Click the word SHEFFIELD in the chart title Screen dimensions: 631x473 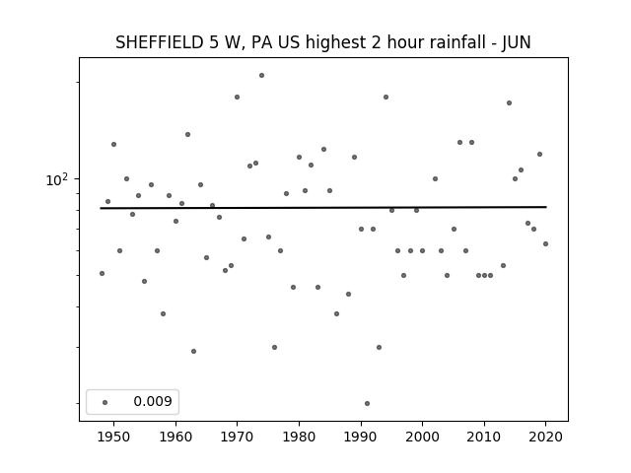coord(160,42)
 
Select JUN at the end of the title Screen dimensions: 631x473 coord(517,42)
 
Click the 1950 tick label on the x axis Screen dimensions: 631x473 coord(114,437)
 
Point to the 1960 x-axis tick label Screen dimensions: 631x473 coord(175,437)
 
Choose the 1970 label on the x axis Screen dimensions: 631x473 coord(237,437)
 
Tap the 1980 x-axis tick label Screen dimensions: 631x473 coord(299,437)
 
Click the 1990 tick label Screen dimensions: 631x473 coord(361,437)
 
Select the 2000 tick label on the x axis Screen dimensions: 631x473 coord(422,437)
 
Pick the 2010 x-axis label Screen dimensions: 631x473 coord(484,437)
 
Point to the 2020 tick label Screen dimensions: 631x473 coord(545,437)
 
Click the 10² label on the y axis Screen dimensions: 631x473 coord(57,179)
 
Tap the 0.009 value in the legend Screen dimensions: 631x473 coord(153,401)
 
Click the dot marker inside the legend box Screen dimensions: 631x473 coord(105,402)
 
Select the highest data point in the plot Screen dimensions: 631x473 coord(261,75)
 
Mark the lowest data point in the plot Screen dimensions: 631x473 coord(367,403)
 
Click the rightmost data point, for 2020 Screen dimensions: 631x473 coord(545,243)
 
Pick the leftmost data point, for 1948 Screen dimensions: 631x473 coord(102,274)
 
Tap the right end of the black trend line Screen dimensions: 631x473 coord(546,207)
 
